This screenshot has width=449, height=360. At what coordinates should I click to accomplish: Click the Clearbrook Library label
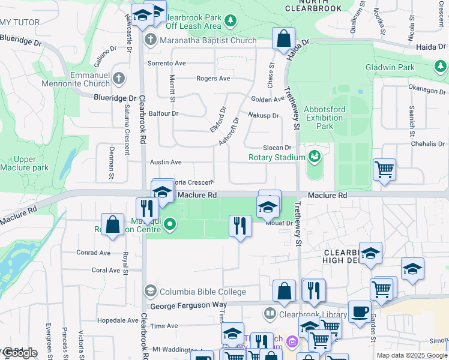coord(313,314)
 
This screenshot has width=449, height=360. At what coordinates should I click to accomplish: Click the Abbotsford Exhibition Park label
coord(325,118)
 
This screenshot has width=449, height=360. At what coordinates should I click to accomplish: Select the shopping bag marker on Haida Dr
coord(283,38)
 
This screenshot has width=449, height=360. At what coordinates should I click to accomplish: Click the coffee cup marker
coord(360,311)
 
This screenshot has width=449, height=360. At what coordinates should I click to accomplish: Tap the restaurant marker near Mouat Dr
coord(240,226)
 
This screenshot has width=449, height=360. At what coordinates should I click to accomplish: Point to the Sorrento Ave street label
coord(167,63)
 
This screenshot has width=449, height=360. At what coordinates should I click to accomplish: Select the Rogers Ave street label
coord(213,79)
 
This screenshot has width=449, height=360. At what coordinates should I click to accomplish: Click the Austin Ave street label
coord(166,162)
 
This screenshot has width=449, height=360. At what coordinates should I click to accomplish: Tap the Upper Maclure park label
coord(25,163)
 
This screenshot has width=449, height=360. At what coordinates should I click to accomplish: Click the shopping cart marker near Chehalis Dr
coord(384,169)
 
